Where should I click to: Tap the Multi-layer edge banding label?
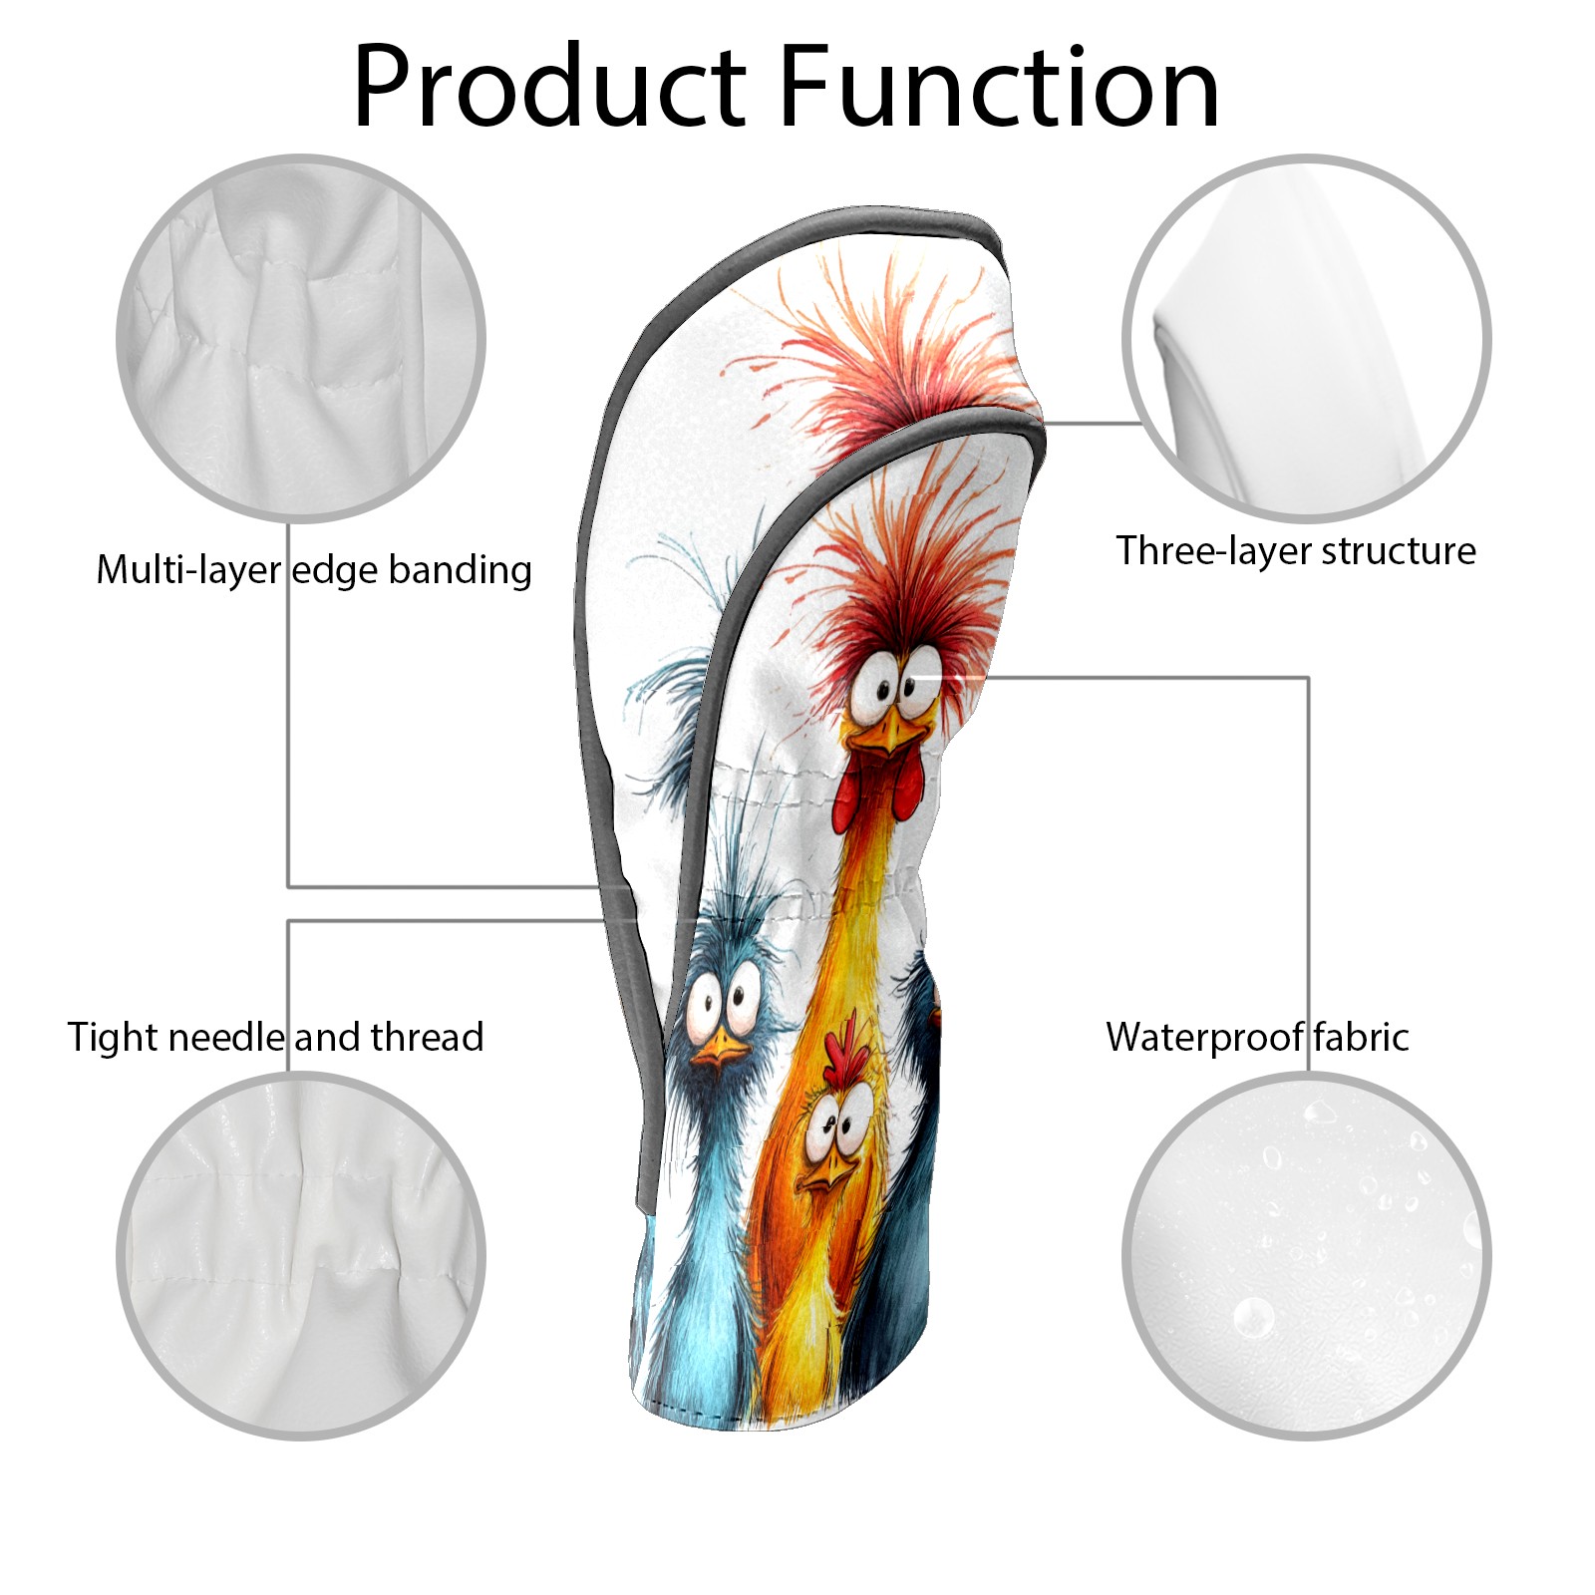(313, 570)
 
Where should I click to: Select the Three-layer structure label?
(1295, 550)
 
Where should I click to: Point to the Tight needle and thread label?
(275, 1037)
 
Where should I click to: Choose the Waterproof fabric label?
(1257, 1037)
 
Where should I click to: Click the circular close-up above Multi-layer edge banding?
(301, 338)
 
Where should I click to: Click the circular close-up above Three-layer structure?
(1306, 338)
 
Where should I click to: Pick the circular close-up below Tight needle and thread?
(301, 1255)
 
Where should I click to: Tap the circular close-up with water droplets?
(1306, 1255)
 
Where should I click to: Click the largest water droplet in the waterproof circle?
(1253, 1318)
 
